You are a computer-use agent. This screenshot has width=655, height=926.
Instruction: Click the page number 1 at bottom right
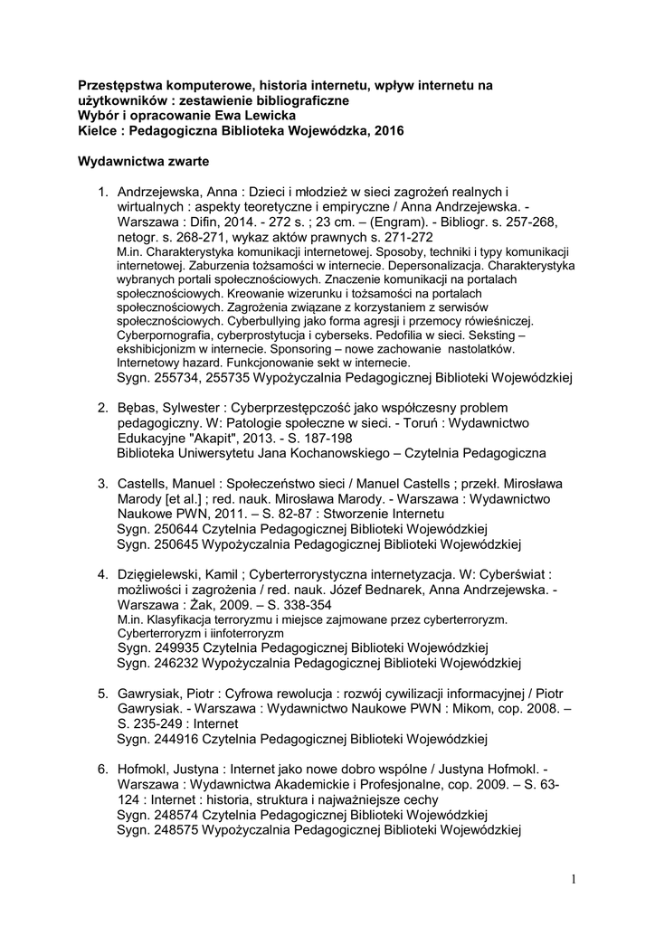(x=574, y=878)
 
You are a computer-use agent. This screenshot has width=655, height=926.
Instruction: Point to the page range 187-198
(x=315, y=437)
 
